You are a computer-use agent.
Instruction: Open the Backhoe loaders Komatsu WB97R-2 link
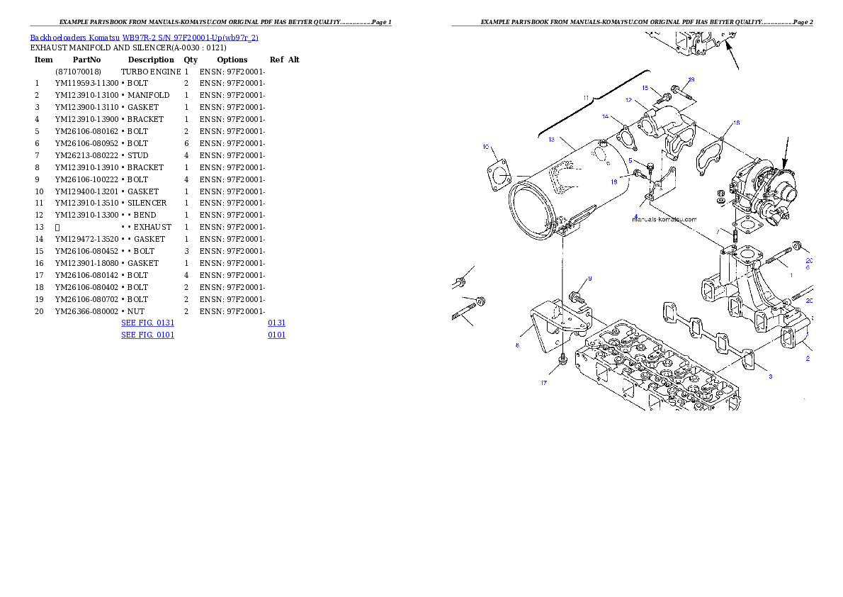(x=144, y=38)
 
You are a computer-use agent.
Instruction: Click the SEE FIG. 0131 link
(x=147, y=323)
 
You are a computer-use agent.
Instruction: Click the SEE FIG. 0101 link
(x=147, y=334)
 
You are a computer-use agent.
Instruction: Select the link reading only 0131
(x=276, y=323)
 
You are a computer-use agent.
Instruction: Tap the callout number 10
(x=486, y=147)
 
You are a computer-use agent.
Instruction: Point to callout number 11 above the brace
(x=586, y=96)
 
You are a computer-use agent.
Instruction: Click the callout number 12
(x=628, y=101)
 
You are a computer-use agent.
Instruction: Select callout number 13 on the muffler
(x=551, y=140)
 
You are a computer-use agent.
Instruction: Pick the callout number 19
(x=691, y=79)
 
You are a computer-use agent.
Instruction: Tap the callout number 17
(x=544, y=383)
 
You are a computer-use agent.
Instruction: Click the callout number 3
(x=771, y=376)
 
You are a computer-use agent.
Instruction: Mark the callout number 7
(x=718, y=231)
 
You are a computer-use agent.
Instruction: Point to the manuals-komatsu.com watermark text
(x=664, y=220)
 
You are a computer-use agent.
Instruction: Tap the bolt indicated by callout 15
(x=667, y=97)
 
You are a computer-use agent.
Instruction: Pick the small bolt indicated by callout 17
(x=562, y=362)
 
